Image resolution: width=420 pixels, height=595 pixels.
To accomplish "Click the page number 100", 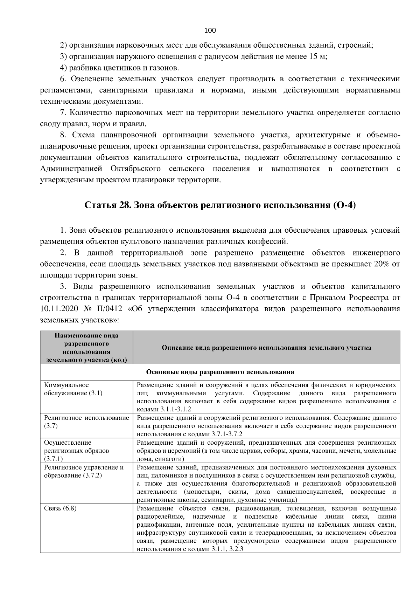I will (x=210, y=30).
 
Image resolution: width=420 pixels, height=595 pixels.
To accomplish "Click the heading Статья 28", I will (x=107, y=205).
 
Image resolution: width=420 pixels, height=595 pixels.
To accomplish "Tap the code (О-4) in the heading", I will (x=345, y=205).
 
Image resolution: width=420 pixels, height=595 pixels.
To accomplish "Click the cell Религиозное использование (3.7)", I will (x=86, y=422).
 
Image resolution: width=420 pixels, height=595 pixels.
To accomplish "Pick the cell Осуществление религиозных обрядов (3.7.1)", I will (x=76, y=450).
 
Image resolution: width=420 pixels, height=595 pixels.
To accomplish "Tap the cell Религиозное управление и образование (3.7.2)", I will (x=84, y=471).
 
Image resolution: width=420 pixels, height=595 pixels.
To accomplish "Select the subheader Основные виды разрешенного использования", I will (x=220, y=372).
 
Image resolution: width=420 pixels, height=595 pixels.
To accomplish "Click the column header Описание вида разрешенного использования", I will (x=266, y=348).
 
